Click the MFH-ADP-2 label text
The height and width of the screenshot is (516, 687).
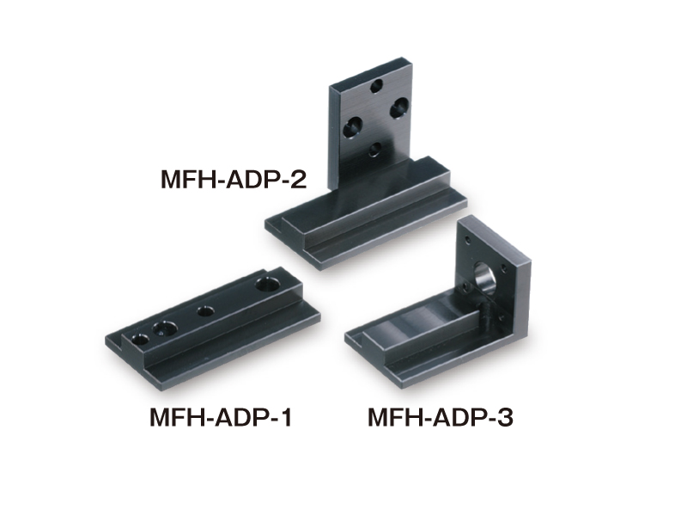[x=234, y=179]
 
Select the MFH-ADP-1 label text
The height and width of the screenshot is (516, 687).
[x=221, y=417]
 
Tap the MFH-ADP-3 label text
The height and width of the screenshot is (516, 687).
[x=440, y=417]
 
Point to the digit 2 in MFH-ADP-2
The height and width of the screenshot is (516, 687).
[x=298, y=179]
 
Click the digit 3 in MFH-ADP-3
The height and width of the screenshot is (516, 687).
[x=505, y=417]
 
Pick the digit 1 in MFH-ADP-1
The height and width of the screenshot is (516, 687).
[x=285, y=417]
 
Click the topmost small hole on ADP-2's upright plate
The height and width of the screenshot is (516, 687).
[x=376, y=85]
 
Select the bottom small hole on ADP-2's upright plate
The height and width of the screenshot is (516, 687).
[x=374, y=150]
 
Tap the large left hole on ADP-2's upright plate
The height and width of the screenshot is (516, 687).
[x=353, y=126]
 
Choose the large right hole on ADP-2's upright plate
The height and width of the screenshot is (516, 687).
[x=399, y=107]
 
